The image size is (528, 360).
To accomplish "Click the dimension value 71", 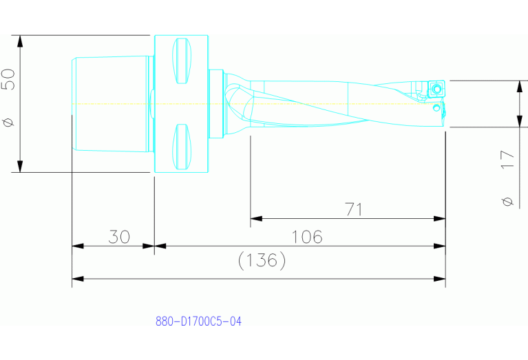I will [x=353, y=209].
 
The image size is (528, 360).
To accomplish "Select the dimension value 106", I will [x=307, y=237].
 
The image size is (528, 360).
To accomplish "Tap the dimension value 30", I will [x=119, y=237].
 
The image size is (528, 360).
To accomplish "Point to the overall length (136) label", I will [x=261, y=260].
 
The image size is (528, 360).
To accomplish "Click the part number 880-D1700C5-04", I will [x=198, y=321].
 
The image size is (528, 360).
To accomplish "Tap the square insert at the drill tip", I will [x=436, y=88].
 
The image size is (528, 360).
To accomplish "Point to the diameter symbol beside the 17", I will [x=507, y=201].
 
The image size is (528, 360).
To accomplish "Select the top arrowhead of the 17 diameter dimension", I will [x=519, y=85].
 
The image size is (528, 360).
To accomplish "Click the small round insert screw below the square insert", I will [x=436, y=107].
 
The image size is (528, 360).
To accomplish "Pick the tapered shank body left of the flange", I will [x=110, y=103].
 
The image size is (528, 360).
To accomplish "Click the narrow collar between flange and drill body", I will [x=216, y=103].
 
